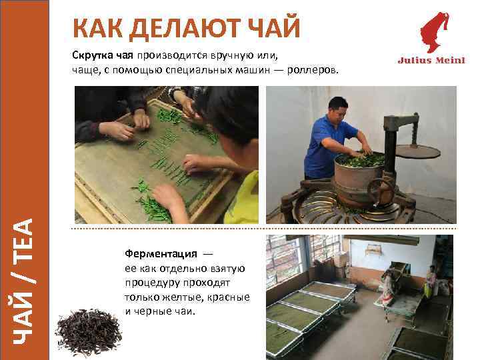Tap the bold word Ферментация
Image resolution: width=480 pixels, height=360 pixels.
[160, 254]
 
